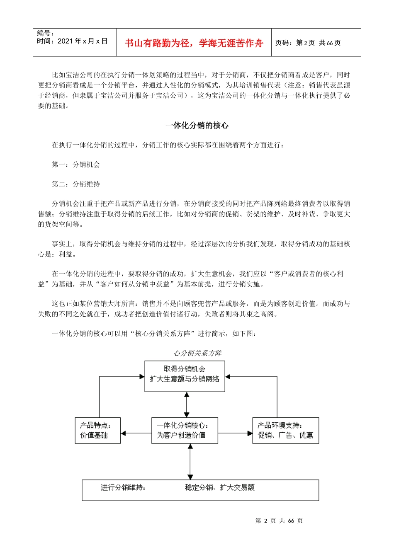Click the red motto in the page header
click(x=194, y=43)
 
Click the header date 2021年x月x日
click(x=82, y=41)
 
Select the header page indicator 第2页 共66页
click(x=308, y=43)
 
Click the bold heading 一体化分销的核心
click(x=197, y=126)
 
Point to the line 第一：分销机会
click(x=76, y=165)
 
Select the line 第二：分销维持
click(x=76, y=184)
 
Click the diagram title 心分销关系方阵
click(x=197, y=353)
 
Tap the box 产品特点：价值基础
click(x=97, y=430)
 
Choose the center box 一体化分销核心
click(x=185, y=430)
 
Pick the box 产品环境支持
click(x=285, y=430)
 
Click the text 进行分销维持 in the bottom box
click(x=123, y=487)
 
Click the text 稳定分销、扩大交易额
click(x=220, y=487)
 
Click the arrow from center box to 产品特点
click(x=136, y=433)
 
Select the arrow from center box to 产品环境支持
click(x=235, y=433)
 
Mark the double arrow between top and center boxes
click(x=187, y=404)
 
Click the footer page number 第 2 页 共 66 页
click(x=279, y=521)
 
